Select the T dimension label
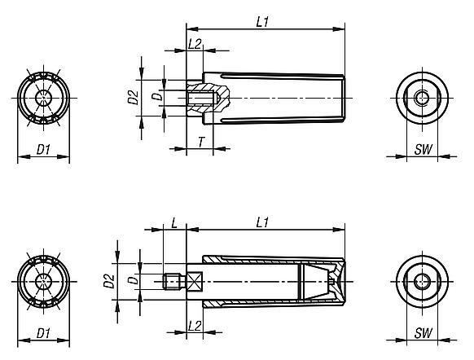pyautogui.click(x=200, y=141)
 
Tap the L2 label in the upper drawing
pyautogui.click(x=195, y=44)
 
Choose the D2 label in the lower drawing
pyautogui.click(x=108, y=283)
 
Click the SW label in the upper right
pyautogui.click(x=422, y=148)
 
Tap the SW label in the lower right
pyautogui.click(x=422, y=333)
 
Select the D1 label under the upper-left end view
pyautogui.click(x=44, y=148)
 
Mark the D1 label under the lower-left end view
pyautogui.click(x=44, y=333)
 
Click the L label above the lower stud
pyautogui.click(x=174, y=222)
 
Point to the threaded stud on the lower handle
pyautogui.click(x=171, y=283)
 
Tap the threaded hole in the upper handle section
pyautogui.click(x=200, y=98)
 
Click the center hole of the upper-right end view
pyautogui.click(x=421, y=98)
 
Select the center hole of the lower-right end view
pyautogui.click(x=421, y=283)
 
